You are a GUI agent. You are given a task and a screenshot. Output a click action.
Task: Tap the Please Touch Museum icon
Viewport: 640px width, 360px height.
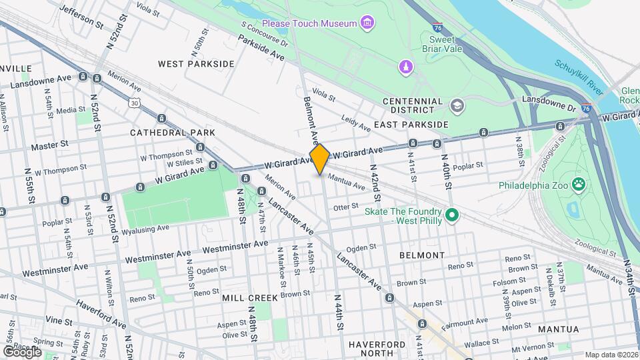click(366, 24)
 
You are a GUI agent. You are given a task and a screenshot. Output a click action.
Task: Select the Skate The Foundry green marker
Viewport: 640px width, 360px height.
click(453, 215)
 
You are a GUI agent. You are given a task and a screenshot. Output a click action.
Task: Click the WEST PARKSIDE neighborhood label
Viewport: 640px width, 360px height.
click(196, 64)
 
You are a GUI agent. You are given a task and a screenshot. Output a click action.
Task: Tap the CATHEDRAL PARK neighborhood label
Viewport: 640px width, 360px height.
click(172, 133)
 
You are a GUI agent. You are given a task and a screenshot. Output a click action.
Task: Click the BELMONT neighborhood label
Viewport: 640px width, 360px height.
click(421, 255)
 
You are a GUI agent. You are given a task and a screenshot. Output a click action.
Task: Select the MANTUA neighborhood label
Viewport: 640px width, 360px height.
click(558, 329)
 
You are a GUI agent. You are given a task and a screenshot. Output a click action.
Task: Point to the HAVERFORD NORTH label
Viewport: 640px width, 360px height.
click(376, 349)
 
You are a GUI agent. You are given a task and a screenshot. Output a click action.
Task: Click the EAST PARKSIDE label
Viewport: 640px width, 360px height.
click(411, 125)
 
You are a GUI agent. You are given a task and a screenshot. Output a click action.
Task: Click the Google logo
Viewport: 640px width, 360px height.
click(22, 351)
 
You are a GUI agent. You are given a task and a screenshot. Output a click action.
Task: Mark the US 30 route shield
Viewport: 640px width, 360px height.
click(135, 103)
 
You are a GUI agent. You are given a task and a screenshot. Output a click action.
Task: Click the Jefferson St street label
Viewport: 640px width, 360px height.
click(82, 16)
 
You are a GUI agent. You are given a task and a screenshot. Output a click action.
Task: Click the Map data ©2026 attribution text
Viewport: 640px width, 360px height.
click(611, 355)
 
